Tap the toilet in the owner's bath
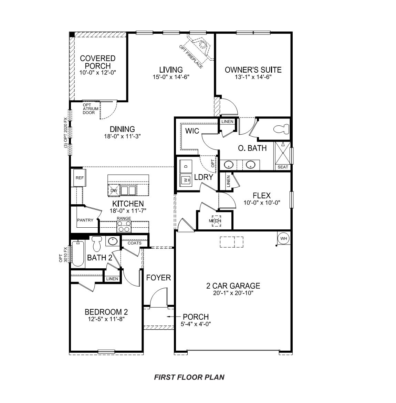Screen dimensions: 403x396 pos(281,129)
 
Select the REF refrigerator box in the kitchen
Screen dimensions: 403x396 pos(80,178)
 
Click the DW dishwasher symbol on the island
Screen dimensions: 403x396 pos(113,190)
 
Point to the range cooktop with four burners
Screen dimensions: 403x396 pos(124,226)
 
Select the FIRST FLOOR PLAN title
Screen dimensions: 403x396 pos(189,377)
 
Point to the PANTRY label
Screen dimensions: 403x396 pos(85,220)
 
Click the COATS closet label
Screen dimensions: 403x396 pos(134,243)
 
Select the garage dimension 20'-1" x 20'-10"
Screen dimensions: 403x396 pos(233,294)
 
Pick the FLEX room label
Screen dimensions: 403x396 pos(261,196)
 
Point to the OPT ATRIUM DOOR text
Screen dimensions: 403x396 pos(91,109)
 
